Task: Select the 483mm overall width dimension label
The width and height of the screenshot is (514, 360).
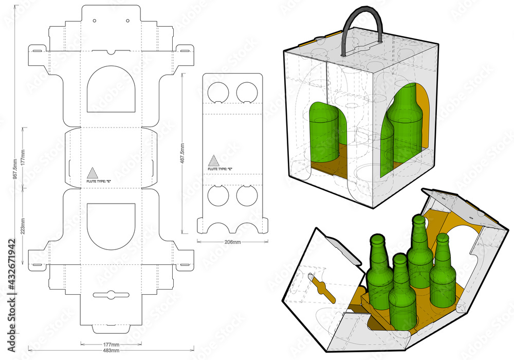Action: (111, 350)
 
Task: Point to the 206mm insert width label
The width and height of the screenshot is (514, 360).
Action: (232, 242)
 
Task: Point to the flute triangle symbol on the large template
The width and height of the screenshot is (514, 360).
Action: (91, 173)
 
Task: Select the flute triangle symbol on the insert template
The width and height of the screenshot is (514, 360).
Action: (213, 160)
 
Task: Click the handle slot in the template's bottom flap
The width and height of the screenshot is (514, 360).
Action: (111, 295)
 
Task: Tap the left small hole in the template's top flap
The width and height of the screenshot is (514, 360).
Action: (95, 21)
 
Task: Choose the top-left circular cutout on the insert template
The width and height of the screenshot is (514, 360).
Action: (218, 92)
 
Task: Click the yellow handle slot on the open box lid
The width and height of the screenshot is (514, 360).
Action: (321, 287)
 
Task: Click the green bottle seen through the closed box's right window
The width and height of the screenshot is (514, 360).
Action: (406, 123)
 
